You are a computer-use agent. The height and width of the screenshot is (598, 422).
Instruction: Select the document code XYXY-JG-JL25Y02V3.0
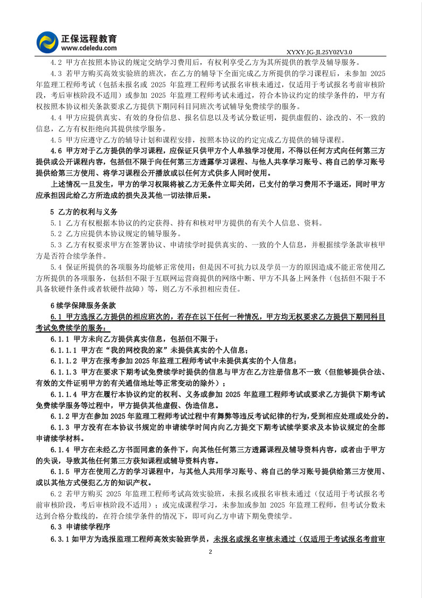[x=319, y=52]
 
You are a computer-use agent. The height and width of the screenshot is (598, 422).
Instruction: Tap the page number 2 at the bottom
[x=210, y=553]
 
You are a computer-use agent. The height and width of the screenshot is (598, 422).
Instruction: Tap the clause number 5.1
[x=56, y=222]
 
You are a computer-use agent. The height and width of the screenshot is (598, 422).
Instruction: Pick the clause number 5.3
[x=56, y=244]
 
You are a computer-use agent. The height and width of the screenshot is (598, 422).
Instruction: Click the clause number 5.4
[x=56, y=267]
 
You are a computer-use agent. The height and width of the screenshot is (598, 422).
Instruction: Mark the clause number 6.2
[x=56, y=494]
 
